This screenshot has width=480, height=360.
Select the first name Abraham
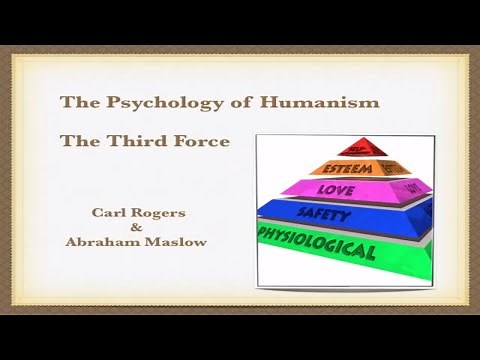[x=98, y=242]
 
